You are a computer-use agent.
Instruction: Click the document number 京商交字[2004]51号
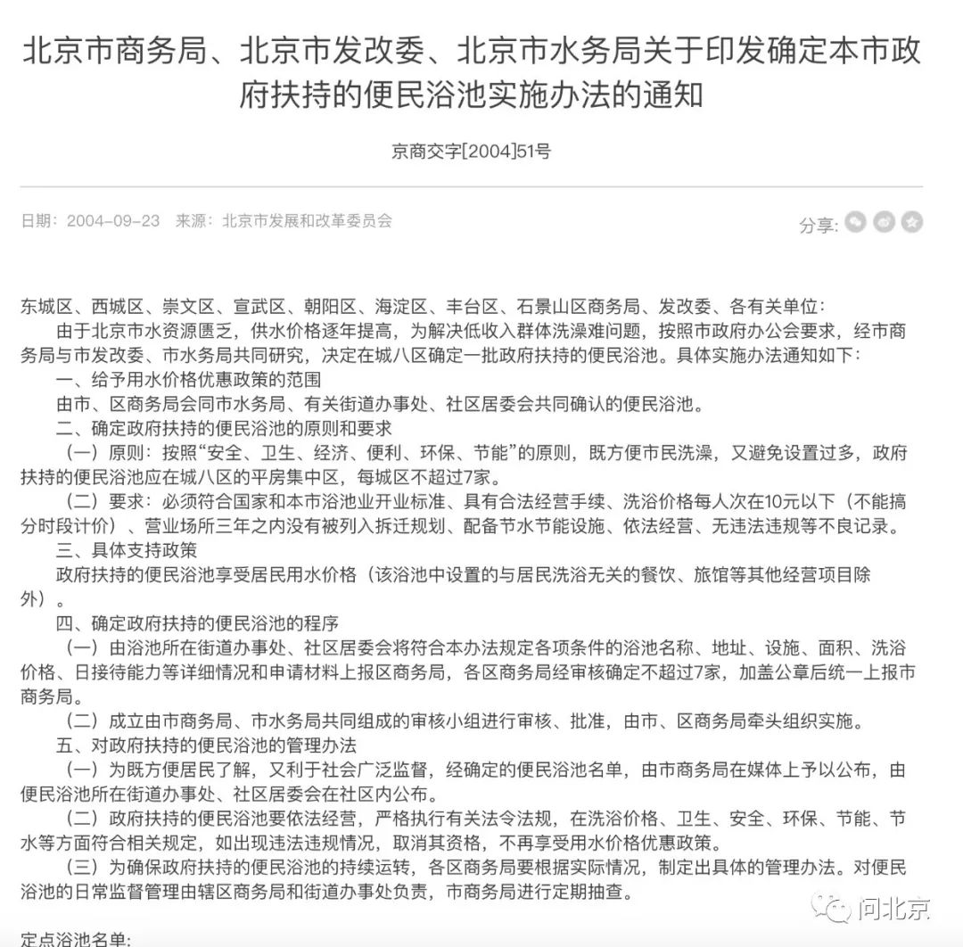coord(471,151)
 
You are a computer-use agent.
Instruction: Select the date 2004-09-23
coord(113,220)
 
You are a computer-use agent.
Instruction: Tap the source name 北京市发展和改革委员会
coord(307,220)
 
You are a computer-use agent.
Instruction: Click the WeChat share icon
coord(856,222)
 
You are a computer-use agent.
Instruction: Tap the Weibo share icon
coord(884,222)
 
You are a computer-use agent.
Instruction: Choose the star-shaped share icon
coord(911,222)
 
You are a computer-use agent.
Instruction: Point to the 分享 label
coord(817,225)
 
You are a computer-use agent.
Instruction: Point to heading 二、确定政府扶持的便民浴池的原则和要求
coord(223,428)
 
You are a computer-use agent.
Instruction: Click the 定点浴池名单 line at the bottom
coord(76,939)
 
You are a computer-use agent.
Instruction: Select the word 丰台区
coord(490,307)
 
